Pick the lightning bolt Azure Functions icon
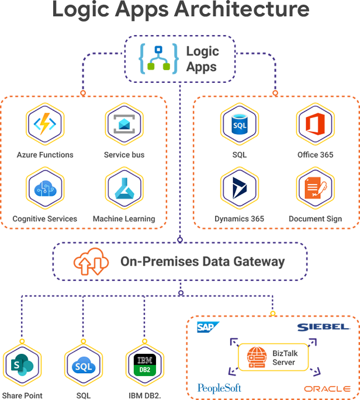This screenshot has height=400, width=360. point(45,126)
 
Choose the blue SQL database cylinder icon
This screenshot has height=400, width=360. point(240,126)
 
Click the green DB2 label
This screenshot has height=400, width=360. point(144,369)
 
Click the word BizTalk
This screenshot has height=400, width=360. point(284,353)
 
